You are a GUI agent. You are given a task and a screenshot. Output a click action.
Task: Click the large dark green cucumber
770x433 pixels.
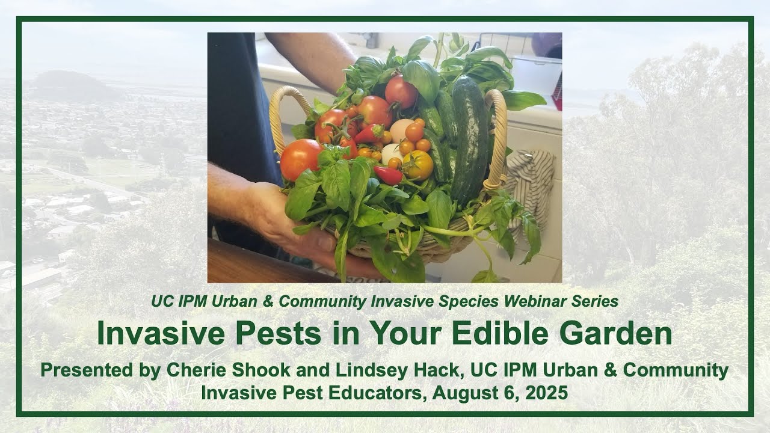pyautogui.click(x=470, y=138)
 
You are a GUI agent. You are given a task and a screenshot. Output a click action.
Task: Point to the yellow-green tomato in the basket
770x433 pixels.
pyautogui.click(x=418, y=165)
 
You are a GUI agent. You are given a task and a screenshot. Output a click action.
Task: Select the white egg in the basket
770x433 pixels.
pyautogui.click(x=401, y=130)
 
